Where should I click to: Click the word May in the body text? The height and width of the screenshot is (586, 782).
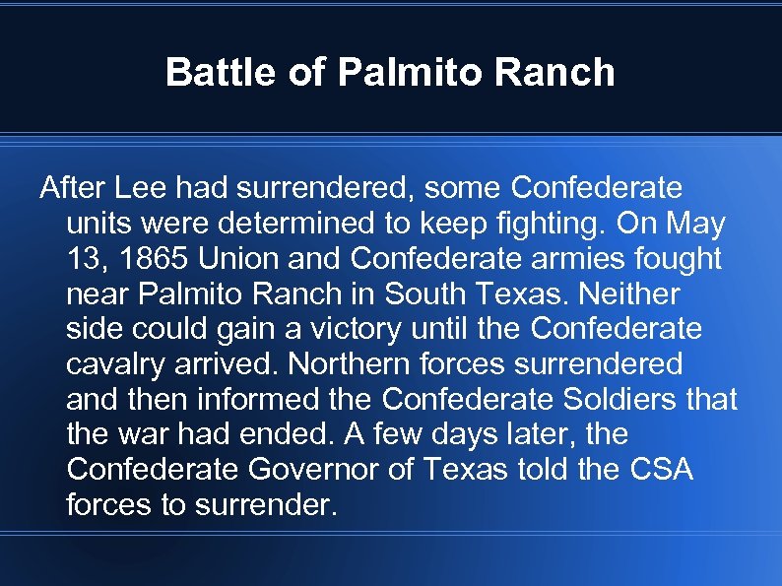point(694,224)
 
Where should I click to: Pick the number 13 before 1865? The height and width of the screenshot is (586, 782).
point(84,259)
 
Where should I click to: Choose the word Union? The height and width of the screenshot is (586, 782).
point(236,259)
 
